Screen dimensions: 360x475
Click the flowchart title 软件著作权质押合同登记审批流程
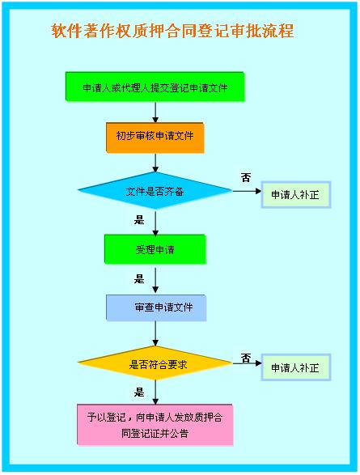[172, 31]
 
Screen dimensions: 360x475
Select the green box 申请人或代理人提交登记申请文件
[155, 87]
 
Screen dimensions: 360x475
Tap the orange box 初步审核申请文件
[155, 138]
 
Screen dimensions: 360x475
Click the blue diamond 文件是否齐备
[155, 190]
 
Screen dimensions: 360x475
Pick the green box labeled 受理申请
[155, 249]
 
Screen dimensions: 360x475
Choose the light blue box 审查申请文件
[156, 307]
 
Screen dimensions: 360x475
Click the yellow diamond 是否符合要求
[155, 363]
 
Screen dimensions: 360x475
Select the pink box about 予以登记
[155, 425]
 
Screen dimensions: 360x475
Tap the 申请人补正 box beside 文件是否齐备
[296, 194]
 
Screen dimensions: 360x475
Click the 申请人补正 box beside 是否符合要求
[296, 367]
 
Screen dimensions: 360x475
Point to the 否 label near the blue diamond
[246, 177]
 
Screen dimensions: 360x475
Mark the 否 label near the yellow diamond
[246, 358]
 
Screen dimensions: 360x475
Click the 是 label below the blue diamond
[139, 220]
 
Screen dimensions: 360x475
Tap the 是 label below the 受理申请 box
[139, 278]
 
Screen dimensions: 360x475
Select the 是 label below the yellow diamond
[139, 392]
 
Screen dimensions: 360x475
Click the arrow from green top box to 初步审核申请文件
[155, 112]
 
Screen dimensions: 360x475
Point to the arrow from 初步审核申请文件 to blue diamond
[155, 163]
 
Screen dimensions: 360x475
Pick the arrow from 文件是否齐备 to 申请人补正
[247, 191]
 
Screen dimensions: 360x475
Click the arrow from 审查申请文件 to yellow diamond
[155, 333]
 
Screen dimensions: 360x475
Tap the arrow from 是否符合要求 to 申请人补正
[247, 363]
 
